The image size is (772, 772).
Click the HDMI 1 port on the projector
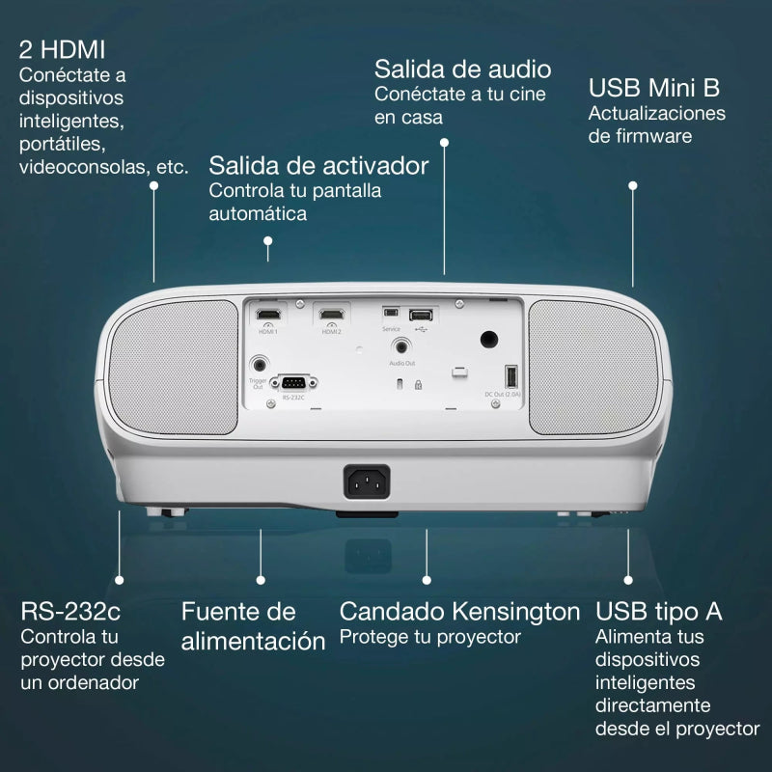pyautogui.click(x=267, y=316)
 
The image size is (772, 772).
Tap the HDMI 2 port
pyautogui.click(x=333, y=316)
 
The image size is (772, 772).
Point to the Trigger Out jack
pyautogui.click(x=259, y=365)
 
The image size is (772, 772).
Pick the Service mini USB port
pyautogui.click(x=391, y=314)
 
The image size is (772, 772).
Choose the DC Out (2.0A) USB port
pyautogui.click(x=510, y=376)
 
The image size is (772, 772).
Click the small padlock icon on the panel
pyautogui.click(x=418, y=384)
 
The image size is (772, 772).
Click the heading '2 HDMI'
pyautogui.click(x=62, y=49)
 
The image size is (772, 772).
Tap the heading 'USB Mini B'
pyautogui.click(x=654, y=89)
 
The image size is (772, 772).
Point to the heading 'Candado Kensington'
pyautogui.click(x=459, y=612)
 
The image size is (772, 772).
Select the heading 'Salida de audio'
pyautogui.click(x=463, y=69)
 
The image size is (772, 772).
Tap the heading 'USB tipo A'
pyautogui.click(x=659, y=612)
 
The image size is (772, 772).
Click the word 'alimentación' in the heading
pyautogui.click(x=253, y=641)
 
